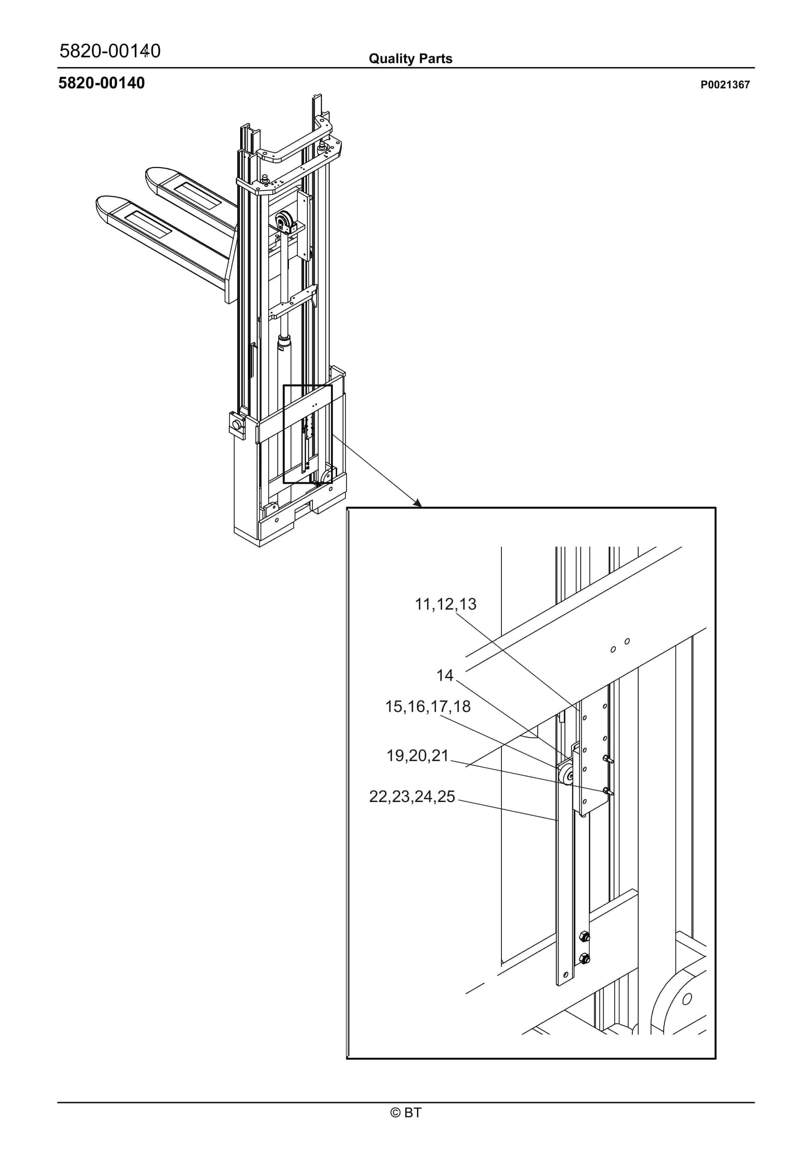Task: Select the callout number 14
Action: pos(445,675)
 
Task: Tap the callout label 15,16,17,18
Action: pos(427,706)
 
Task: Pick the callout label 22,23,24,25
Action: pos(412,796)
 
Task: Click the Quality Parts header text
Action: pos(410,59)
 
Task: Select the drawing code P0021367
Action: pos(725,85)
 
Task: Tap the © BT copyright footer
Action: pos(406,1112)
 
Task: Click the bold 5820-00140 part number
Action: pos(102,83)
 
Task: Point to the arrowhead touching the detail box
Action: pos(418,503)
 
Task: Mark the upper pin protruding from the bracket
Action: pos(608,759)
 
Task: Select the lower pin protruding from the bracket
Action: pos(608,791)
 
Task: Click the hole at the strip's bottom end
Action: pos(566,974)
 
